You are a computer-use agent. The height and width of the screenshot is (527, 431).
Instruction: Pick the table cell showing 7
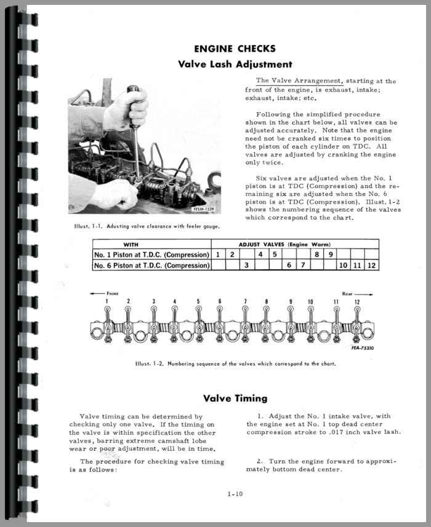pos(302,266)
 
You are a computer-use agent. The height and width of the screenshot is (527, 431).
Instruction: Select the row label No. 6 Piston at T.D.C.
pos(151,266)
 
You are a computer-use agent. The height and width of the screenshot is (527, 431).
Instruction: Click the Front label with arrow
pos(105,293)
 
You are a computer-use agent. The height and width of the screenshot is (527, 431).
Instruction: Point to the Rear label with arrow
pos(355,293)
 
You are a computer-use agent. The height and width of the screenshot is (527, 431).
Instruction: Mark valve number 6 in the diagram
pos(220,301)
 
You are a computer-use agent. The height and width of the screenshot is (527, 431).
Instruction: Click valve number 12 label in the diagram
pos(357,301)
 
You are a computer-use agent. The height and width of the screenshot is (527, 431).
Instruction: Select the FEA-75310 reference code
pos(365,348)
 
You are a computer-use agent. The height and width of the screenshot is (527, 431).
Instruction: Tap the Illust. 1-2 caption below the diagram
pos(236,364)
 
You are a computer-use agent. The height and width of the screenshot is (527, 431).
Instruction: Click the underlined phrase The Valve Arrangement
pos(299,81)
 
